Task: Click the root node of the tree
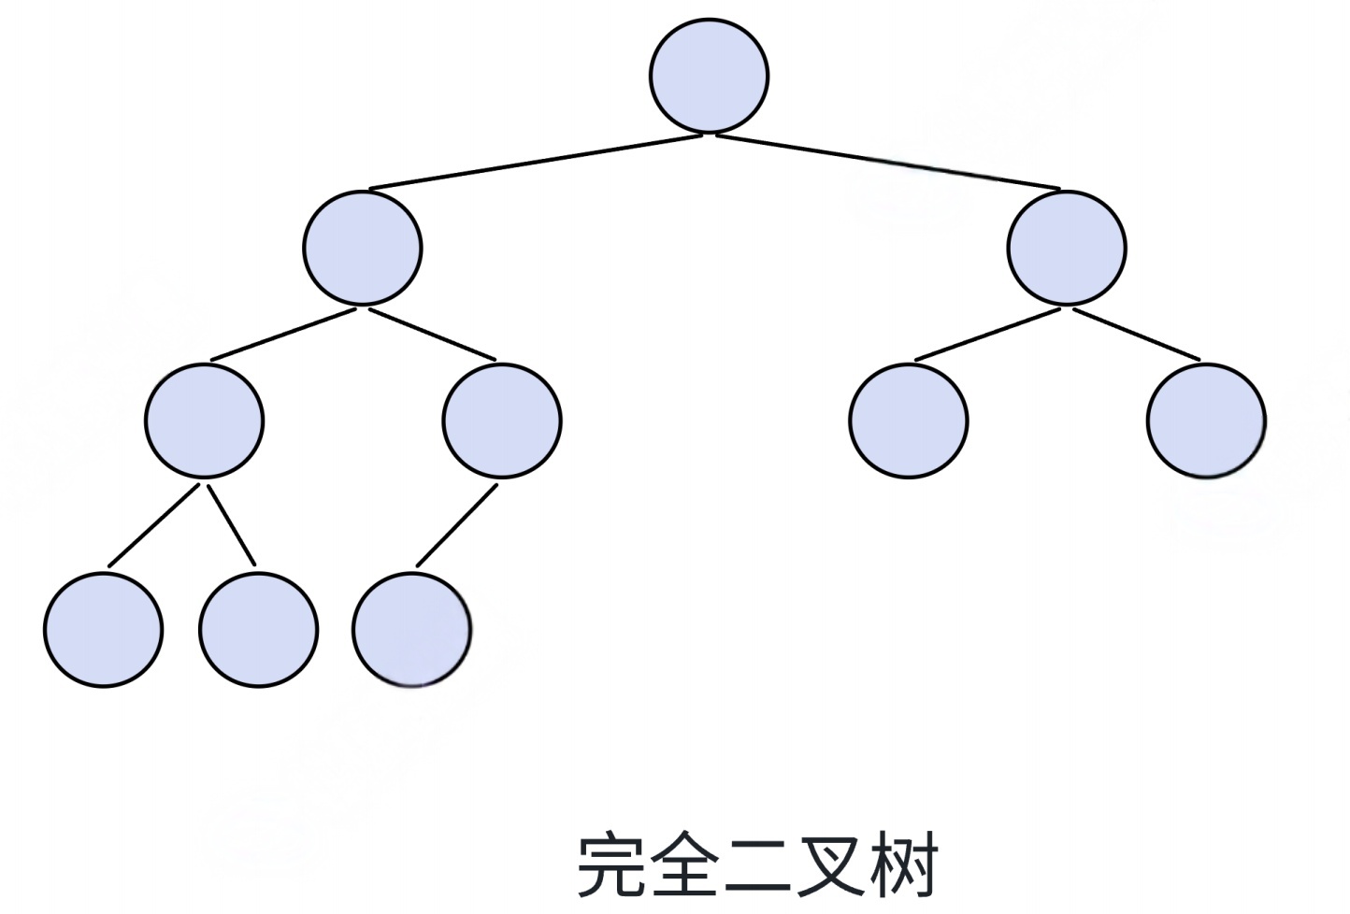pos(709,76)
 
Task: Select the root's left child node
pos(363,248)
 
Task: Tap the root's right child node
pos(1067,248)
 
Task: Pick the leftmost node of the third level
pos(204,421)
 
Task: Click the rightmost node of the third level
pos(1206,421)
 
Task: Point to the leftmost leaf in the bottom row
pos(103,629)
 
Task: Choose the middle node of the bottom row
pos(258,629)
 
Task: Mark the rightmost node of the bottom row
pos(411,629)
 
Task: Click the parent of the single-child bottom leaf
pos(502,421)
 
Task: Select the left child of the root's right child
pos(909,421)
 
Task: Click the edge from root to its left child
pos(535,164)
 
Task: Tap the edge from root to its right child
pos(888,164)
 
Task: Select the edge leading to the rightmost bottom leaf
pos(456,525)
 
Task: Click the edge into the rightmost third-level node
pos(1136,334)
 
